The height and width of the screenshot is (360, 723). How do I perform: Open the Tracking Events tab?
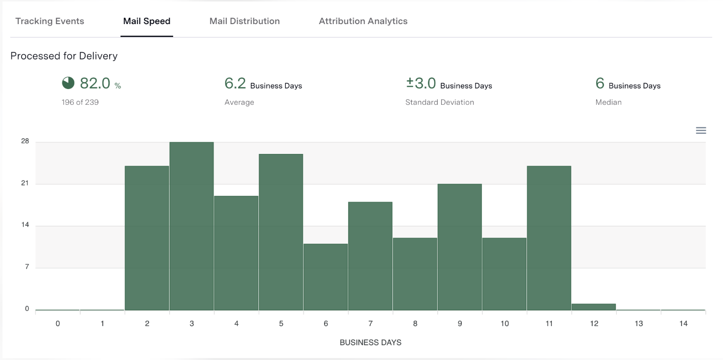tap(50, 21)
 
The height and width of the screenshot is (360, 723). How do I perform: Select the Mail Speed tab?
tap(147, 21)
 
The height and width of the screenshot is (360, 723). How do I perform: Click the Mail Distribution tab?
tap(244, 21)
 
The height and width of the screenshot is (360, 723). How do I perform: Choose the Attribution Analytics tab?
tap(363, 21)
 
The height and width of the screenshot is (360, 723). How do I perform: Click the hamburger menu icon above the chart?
tap(701, 130)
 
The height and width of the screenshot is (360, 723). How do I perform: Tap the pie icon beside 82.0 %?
tap(68, 84)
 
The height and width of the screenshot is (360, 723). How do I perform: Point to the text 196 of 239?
tap(80, 102)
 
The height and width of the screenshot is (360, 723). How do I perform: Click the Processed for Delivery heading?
tap(64, 56)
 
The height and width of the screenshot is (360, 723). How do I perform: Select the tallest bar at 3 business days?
tap(192, 226)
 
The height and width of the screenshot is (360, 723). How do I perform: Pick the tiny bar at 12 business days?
tap(594, 307)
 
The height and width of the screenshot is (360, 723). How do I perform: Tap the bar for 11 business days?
tap(549, 238)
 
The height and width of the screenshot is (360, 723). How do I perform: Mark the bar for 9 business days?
tap(460, 247)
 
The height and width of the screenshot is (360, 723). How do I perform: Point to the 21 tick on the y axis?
tap(25, 183)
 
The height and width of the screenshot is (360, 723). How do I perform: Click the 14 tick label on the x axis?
tap(683, 324)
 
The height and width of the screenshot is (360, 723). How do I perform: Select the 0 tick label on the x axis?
tap(58, 324)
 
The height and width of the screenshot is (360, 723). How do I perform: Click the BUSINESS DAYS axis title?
tap(370, 342)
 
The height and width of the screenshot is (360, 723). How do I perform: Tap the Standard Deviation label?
tap(440, 102)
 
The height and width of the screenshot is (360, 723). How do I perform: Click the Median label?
tap(608, 102)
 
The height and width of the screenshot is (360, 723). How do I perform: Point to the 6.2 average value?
tap(235, 84)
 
